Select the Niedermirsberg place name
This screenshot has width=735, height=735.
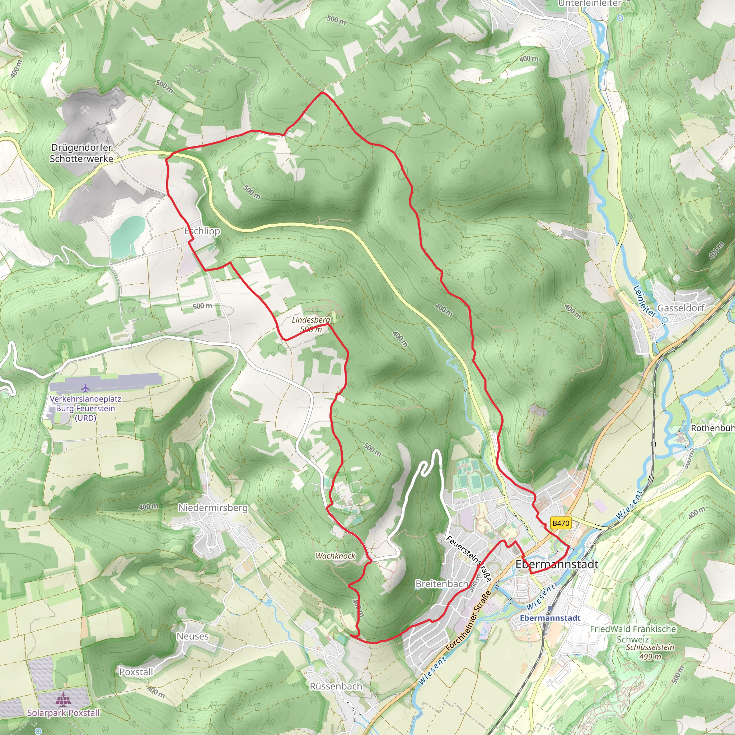213,507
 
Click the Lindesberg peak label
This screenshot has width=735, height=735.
311,320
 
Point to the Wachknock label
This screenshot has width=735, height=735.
335,556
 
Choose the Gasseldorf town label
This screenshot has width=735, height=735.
680,308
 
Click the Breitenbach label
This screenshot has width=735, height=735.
441,584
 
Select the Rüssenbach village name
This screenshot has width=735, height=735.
336,686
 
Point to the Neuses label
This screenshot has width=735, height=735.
192,636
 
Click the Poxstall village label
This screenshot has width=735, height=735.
136,672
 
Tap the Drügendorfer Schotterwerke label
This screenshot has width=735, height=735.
81,153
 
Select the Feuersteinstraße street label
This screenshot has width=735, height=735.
469,558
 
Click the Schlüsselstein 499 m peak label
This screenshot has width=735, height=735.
650,651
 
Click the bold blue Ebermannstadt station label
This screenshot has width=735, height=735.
550,618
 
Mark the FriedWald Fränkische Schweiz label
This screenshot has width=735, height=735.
633,634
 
